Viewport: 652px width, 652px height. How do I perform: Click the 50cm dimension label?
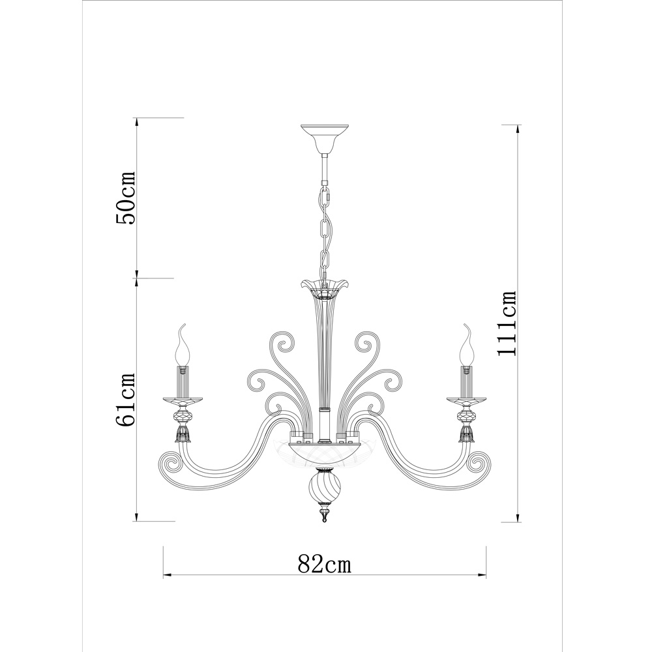126,198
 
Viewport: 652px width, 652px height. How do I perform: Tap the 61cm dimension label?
126,400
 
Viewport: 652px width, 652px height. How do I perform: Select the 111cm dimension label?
507,323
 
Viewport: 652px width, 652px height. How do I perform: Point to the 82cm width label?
325,564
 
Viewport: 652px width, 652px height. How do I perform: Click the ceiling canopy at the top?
324,139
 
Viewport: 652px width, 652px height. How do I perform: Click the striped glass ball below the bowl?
324,488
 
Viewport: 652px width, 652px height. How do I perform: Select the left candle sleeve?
183,381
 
